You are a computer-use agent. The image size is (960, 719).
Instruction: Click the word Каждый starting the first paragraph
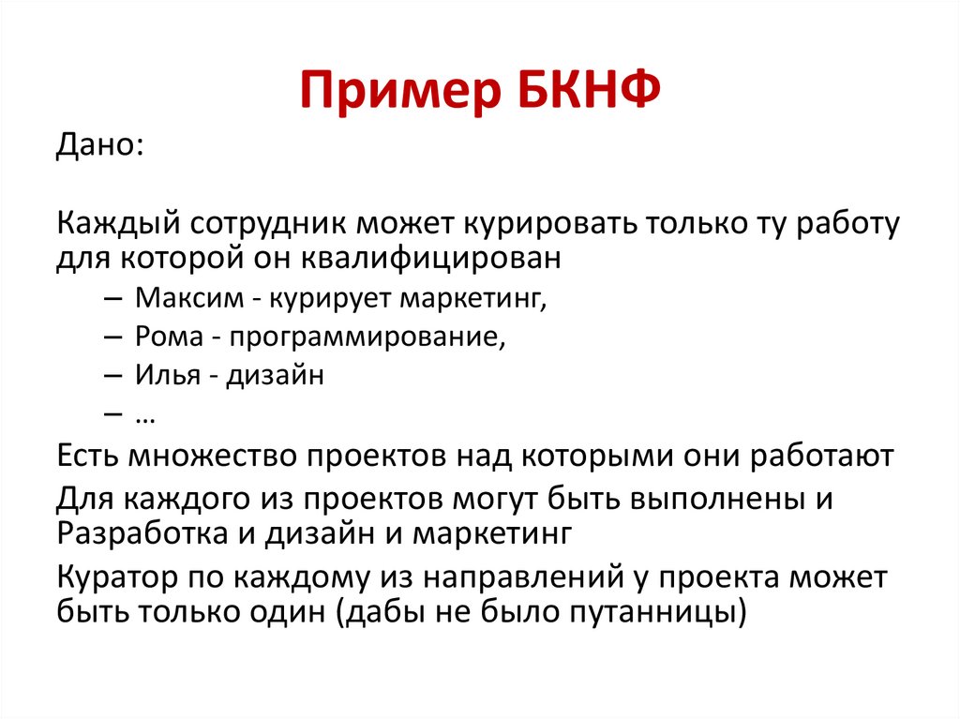pyautogui.click(x=120, y=224)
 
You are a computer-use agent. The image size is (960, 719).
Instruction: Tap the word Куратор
pyautogui.click(x=118, y=577)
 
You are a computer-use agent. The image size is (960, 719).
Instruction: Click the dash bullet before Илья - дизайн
pyautogui.click(x=112, y=376)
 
